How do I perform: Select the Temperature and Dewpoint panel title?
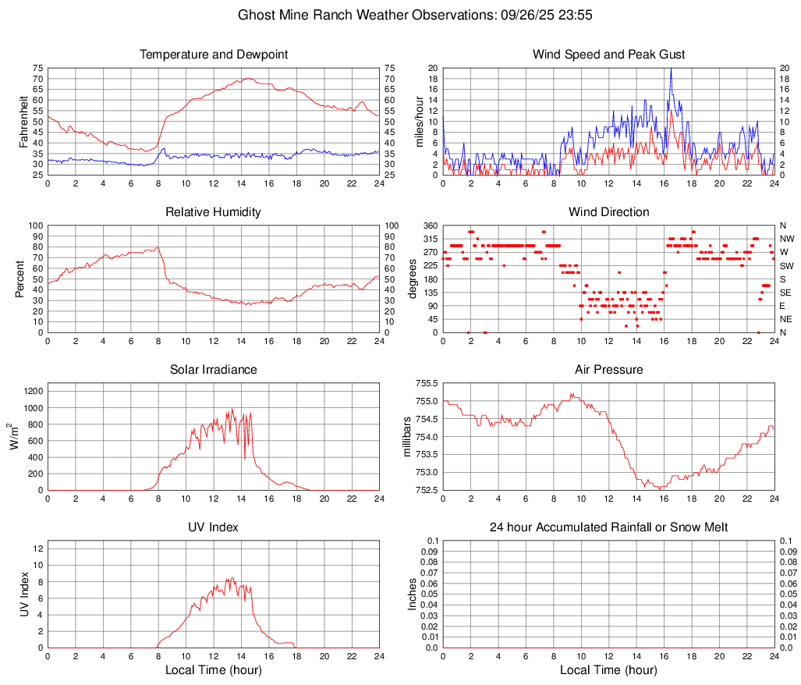[x=214, y=55]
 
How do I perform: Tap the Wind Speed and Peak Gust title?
[x=608, y=55]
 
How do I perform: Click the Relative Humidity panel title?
[x=214, y=212]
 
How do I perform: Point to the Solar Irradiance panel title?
[x=214, y=370]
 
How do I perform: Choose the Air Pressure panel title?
[x=608, y=370]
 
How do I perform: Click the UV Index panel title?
[x=214, y=527]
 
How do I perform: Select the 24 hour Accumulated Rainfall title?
[x=608, y=527]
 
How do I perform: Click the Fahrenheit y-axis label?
[x=23, y=121]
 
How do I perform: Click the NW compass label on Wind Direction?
[x=787, y=239]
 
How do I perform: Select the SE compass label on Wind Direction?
[x=786, y=293]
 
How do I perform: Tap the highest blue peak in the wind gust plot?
[x=671, y=69]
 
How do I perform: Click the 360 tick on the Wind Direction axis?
[x=429, y=225]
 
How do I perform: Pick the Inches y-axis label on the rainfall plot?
[x=413, y=594]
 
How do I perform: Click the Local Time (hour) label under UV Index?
[x=214, y=670]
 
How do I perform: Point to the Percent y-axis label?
[x=20, y=279]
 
